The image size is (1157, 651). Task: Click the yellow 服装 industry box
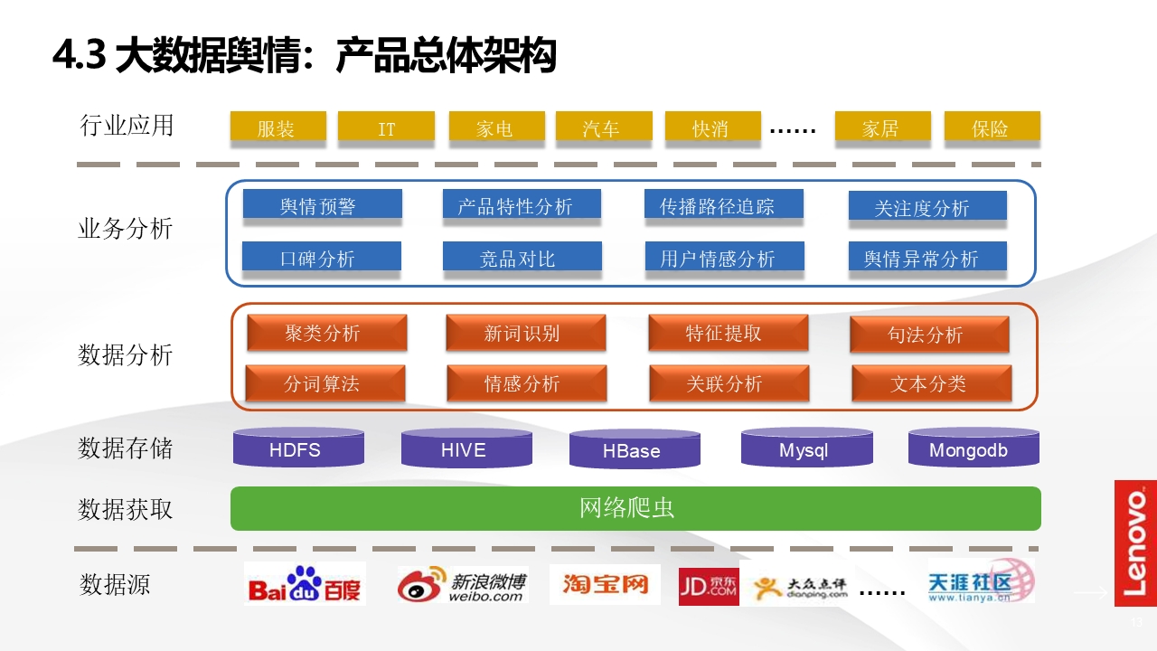click(277, 128)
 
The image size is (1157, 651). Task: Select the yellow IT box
click(386, 128)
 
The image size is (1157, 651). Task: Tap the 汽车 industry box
click(603, 128)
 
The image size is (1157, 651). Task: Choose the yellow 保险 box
click(992, 128)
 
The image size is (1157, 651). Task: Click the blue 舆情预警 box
click(322, 206)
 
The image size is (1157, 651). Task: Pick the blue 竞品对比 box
click(522, 258)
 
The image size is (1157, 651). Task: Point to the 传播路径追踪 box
click(723, 206)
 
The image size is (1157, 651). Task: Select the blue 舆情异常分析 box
click(927, 259)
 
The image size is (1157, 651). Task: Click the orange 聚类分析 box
click(326, 333)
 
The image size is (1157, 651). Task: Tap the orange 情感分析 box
click(526, 383)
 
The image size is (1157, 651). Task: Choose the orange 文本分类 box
click(931, 383)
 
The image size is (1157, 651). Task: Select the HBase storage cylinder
click(635, 449)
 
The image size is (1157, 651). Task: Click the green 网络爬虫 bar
click(635, 508)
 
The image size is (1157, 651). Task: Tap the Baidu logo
click(305, 585)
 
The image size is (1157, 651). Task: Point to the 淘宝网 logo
click(605, 585)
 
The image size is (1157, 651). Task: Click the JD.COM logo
click(709, 586)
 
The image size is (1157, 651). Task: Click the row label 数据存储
click(126, 448)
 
